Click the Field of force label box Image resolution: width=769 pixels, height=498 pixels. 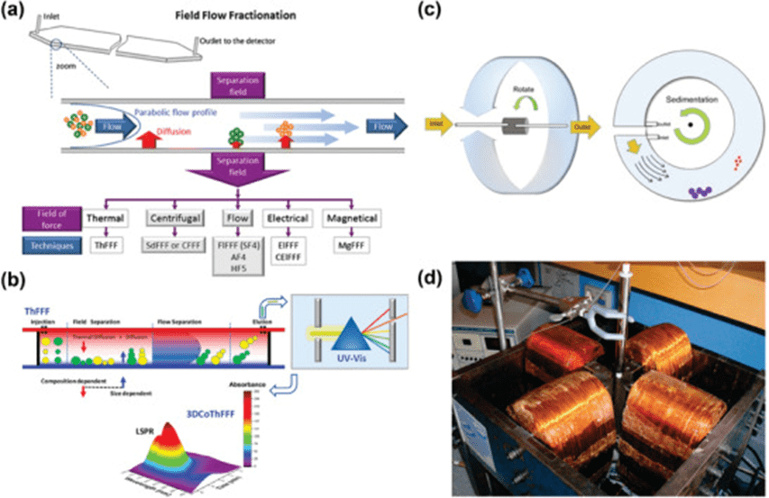click(53, 218)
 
